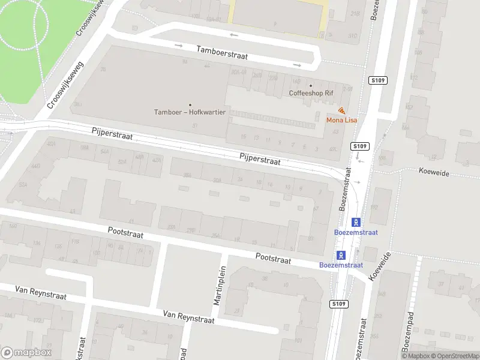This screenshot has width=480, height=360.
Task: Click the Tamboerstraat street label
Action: point(222,53)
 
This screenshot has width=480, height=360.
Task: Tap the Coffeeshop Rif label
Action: point(311,94)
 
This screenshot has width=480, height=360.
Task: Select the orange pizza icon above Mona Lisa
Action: point(341,111)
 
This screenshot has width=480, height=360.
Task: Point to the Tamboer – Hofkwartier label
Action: point(190,112)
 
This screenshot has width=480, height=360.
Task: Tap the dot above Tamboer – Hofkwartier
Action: point(191,104)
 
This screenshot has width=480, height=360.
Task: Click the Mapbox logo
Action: point(26,352)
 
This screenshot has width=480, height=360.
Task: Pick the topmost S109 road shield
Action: point(377,80)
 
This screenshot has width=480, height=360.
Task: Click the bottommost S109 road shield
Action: point(338,305)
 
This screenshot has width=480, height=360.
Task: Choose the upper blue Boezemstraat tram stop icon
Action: point(356,222)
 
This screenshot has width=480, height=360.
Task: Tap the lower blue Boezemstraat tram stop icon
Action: point(341,254)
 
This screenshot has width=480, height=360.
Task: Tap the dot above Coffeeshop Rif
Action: point(311,85)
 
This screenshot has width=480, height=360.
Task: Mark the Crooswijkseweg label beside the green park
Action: point(65,88)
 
